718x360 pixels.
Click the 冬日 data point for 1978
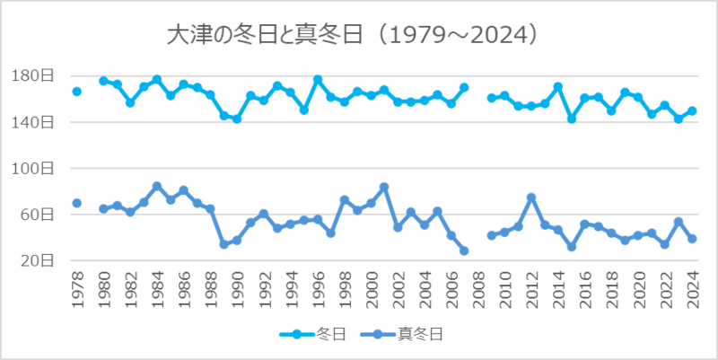76,92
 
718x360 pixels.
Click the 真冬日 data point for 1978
76,203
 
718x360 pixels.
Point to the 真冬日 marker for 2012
531,198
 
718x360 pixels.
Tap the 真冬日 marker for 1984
157,187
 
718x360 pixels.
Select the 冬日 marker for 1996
318,80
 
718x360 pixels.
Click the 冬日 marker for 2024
692,111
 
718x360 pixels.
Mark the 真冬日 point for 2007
464,250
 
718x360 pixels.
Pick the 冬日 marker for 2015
572,119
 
